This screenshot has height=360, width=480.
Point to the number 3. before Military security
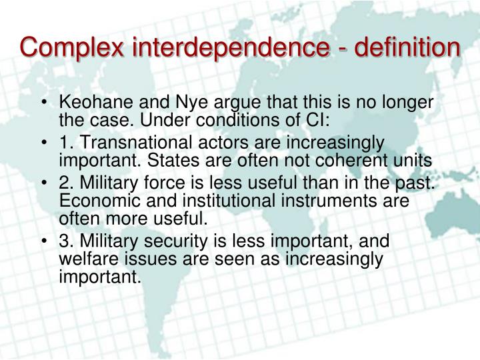(66, 239)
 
